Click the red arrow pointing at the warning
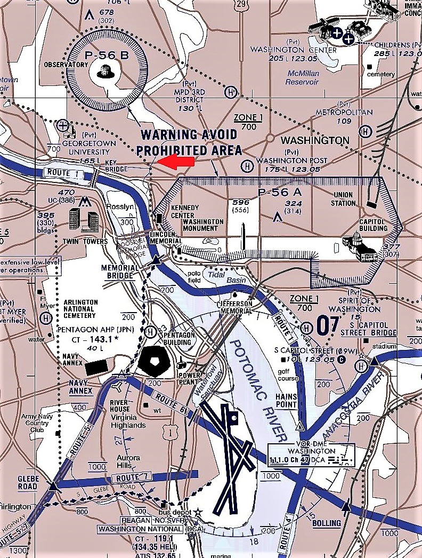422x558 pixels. point(177,161)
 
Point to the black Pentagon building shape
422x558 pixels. point(154,361)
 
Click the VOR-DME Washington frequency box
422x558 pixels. point(311,455)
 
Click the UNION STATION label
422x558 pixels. point(344,199)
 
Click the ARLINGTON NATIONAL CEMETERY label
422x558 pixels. point(81,308)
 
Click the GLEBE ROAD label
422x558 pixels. point(28,482)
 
